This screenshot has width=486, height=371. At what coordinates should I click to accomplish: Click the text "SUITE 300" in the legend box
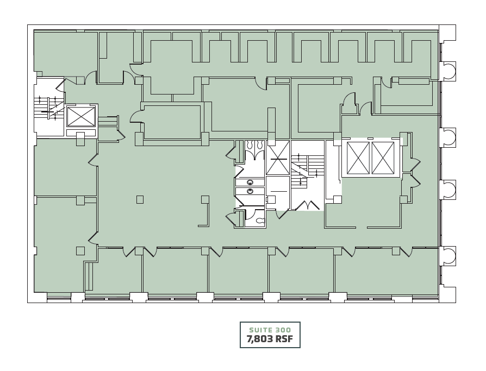[x=270, y=330]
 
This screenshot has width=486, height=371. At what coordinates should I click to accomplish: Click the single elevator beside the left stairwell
[x=81, y=116]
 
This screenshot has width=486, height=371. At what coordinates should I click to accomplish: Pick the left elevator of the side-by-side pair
[x=358, y=158]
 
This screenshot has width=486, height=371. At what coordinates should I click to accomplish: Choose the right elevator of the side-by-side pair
[x=383, y=158]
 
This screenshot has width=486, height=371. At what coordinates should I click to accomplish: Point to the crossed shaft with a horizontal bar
[x=278, y=159]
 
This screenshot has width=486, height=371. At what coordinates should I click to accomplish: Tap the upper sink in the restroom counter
[x=250, y=183]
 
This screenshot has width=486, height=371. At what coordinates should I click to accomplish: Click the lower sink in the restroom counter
[x=250, y=191]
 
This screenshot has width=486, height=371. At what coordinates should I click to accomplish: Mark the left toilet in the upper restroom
[x=250, y=144]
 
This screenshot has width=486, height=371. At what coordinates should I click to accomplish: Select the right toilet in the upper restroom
[x=260, y=144]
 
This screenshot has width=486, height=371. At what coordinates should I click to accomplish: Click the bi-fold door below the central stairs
[x=307, y=205]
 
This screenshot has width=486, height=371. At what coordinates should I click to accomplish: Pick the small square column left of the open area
[x=140, y=200]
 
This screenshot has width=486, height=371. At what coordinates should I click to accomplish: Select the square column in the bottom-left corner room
[x=80, y=251]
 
